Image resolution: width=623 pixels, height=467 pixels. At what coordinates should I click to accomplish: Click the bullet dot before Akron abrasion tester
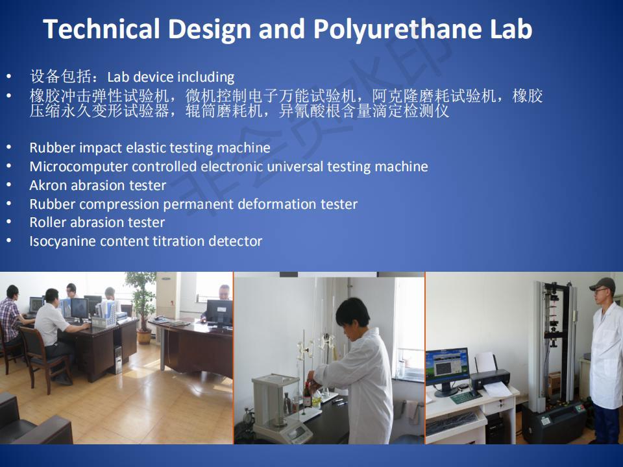pyautogui.click(x=8, y=185)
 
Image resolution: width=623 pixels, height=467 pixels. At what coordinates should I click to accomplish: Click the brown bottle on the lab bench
pyautogui.click(x=307, y=395)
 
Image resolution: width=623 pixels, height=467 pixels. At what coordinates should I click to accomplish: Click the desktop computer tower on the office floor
pyautogui.click(x=118, y=360)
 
